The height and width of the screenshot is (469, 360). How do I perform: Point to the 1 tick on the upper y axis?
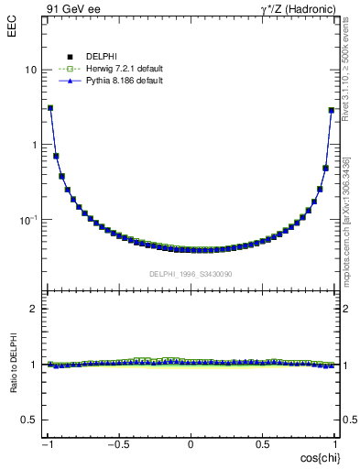[x=34, y=145]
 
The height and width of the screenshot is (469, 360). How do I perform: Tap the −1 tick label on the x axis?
[x=48, y=444]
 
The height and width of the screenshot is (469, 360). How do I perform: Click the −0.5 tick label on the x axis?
[x=119, y=444]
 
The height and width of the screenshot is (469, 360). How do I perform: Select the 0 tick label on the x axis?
[x=191, y=444]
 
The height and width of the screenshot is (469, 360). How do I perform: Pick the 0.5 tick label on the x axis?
[x=262, y=444]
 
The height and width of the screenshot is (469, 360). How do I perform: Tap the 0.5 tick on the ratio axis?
[x=30, y=420]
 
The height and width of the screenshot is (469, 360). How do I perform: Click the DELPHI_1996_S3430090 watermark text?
[x=190, y=274]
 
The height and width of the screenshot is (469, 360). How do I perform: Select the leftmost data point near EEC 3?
[x=50, y=107]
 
